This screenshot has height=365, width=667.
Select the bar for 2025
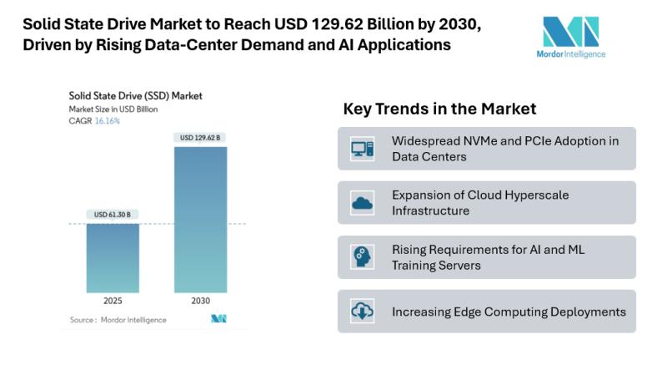pyautogui.click(x=113, y=257)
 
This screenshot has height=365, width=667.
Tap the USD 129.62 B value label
pyautogui.click(x=201, y=137)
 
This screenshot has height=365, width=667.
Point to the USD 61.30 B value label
pyautogui.click(x=113, y=215)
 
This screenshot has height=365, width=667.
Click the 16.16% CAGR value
pyautogui.click(x=106, y=121)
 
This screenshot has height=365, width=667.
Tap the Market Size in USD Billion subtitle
pyautogui.click(x=113, y=109)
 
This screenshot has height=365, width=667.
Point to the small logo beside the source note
pyautogui.click(x=219, y=319)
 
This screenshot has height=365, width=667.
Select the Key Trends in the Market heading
pyautogui.click(x=439, y=109)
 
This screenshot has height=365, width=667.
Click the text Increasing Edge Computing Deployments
pyautogui.click(x=509, y=312)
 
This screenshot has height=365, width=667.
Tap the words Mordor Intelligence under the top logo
pyautogui.click(x=571, y=54)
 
